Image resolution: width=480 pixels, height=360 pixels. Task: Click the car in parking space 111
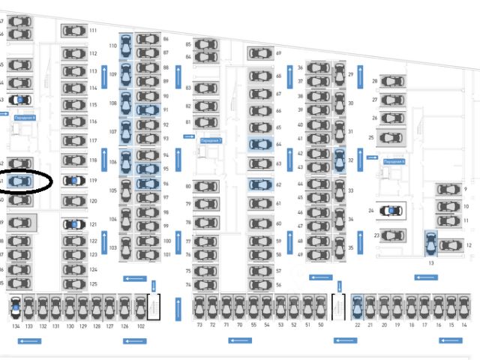(x=73, y=31)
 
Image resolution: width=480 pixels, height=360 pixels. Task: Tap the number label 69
(x=278, y=53)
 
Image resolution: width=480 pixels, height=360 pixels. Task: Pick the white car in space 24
(x=390, y=211)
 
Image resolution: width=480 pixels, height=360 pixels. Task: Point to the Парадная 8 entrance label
(x=25, y=118)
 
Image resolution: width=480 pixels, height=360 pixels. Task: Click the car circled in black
(x=20, y=181)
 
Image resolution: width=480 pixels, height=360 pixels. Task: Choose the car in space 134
(x=16, y=307)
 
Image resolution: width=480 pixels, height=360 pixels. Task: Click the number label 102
(x=140, y=326)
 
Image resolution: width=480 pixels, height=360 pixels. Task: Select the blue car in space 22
(x=357, y=307)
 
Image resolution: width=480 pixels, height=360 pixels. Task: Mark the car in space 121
(x=73, y=224)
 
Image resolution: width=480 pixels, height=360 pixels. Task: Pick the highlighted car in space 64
(x=259, y=144)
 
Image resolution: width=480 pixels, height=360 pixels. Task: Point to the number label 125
(x=94, y=284)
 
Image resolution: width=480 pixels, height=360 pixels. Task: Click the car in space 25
(x=391, y=138)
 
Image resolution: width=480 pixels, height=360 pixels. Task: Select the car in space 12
(x=450, y=245)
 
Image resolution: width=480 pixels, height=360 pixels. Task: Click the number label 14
(x=464, y=325)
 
